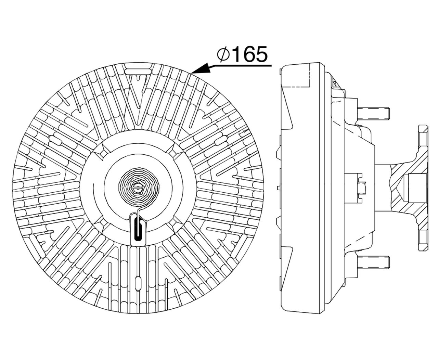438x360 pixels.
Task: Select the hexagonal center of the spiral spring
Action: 138,187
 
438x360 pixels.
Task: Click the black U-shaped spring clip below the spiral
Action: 138,228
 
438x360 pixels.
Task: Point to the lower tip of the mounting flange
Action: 423,245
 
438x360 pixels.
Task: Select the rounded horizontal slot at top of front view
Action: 138,72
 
